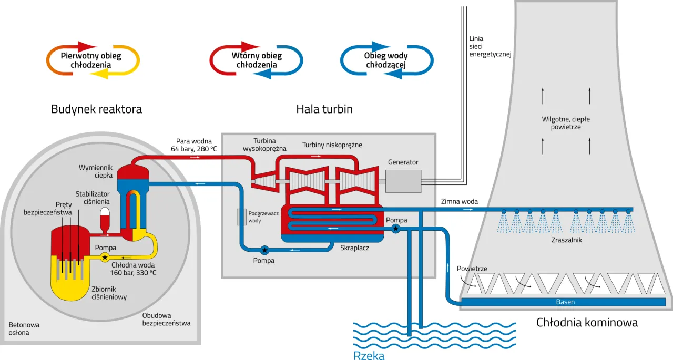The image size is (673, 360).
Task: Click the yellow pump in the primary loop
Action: click(105, 257)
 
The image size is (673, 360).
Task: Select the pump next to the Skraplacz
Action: click(395, 229)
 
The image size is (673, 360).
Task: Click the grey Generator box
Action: click(403, 181)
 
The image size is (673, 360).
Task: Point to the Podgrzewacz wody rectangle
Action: click(241, 217)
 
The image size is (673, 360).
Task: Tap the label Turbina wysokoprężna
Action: click(264, 145)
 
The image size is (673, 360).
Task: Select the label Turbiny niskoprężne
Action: click(332, 145)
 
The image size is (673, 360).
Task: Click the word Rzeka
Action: click(369, 355)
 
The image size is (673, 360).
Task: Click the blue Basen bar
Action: click(565, 302)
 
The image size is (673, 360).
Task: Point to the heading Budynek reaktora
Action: click(96, 109)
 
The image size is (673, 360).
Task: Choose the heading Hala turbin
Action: click(324, 109)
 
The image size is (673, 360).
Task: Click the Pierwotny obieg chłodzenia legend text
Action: click(91, 60)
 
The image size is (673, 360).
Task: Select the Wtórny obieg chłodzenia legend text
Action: click(257, 60)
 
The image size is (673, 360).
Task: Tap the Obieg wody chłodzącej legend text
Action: click(386, 60)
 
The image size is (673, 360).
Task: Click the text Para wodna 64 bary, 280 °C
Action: click(194, 145)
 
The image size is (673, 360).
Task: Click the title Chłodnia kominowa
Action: click(587, 322)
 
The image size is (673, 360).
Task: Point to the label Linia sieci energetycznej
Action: click(490, 46)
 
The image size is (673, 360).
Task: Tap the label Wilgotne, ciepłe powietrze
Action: click(566, 123)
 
